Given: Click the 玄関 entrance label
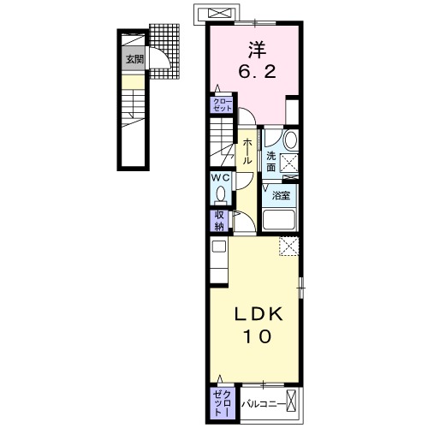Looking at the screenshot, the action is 135,60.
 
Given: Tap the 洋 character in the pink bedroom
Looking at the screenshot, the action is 257,50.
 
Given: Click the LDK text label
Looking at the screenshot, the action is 259,315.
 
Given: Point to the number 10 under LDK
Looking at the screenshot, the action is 257,336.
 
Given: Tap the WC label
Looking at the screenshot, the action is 221,178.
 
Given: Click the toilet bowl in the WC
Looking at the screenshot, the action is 221,195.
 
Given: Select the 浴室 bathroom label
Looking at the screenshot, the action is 281,195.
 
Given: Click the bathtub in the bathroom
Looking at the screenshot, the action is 279,220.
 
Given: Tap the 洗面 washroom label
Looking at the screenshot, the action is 270,162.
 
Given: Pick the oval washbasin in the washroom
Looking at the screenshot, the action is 291,140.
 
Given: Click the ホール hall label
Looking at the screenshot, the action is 247,152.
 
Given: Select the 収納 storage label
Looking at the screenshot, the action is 219,221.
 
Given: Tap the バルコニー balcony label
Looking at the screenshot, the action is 264,404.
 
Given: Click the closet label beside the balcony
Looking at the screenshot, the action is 223,403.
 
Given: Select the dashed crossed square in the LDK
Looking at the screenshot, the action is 288,247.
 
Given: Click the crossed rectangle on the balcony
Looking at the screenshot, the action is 291,401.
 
